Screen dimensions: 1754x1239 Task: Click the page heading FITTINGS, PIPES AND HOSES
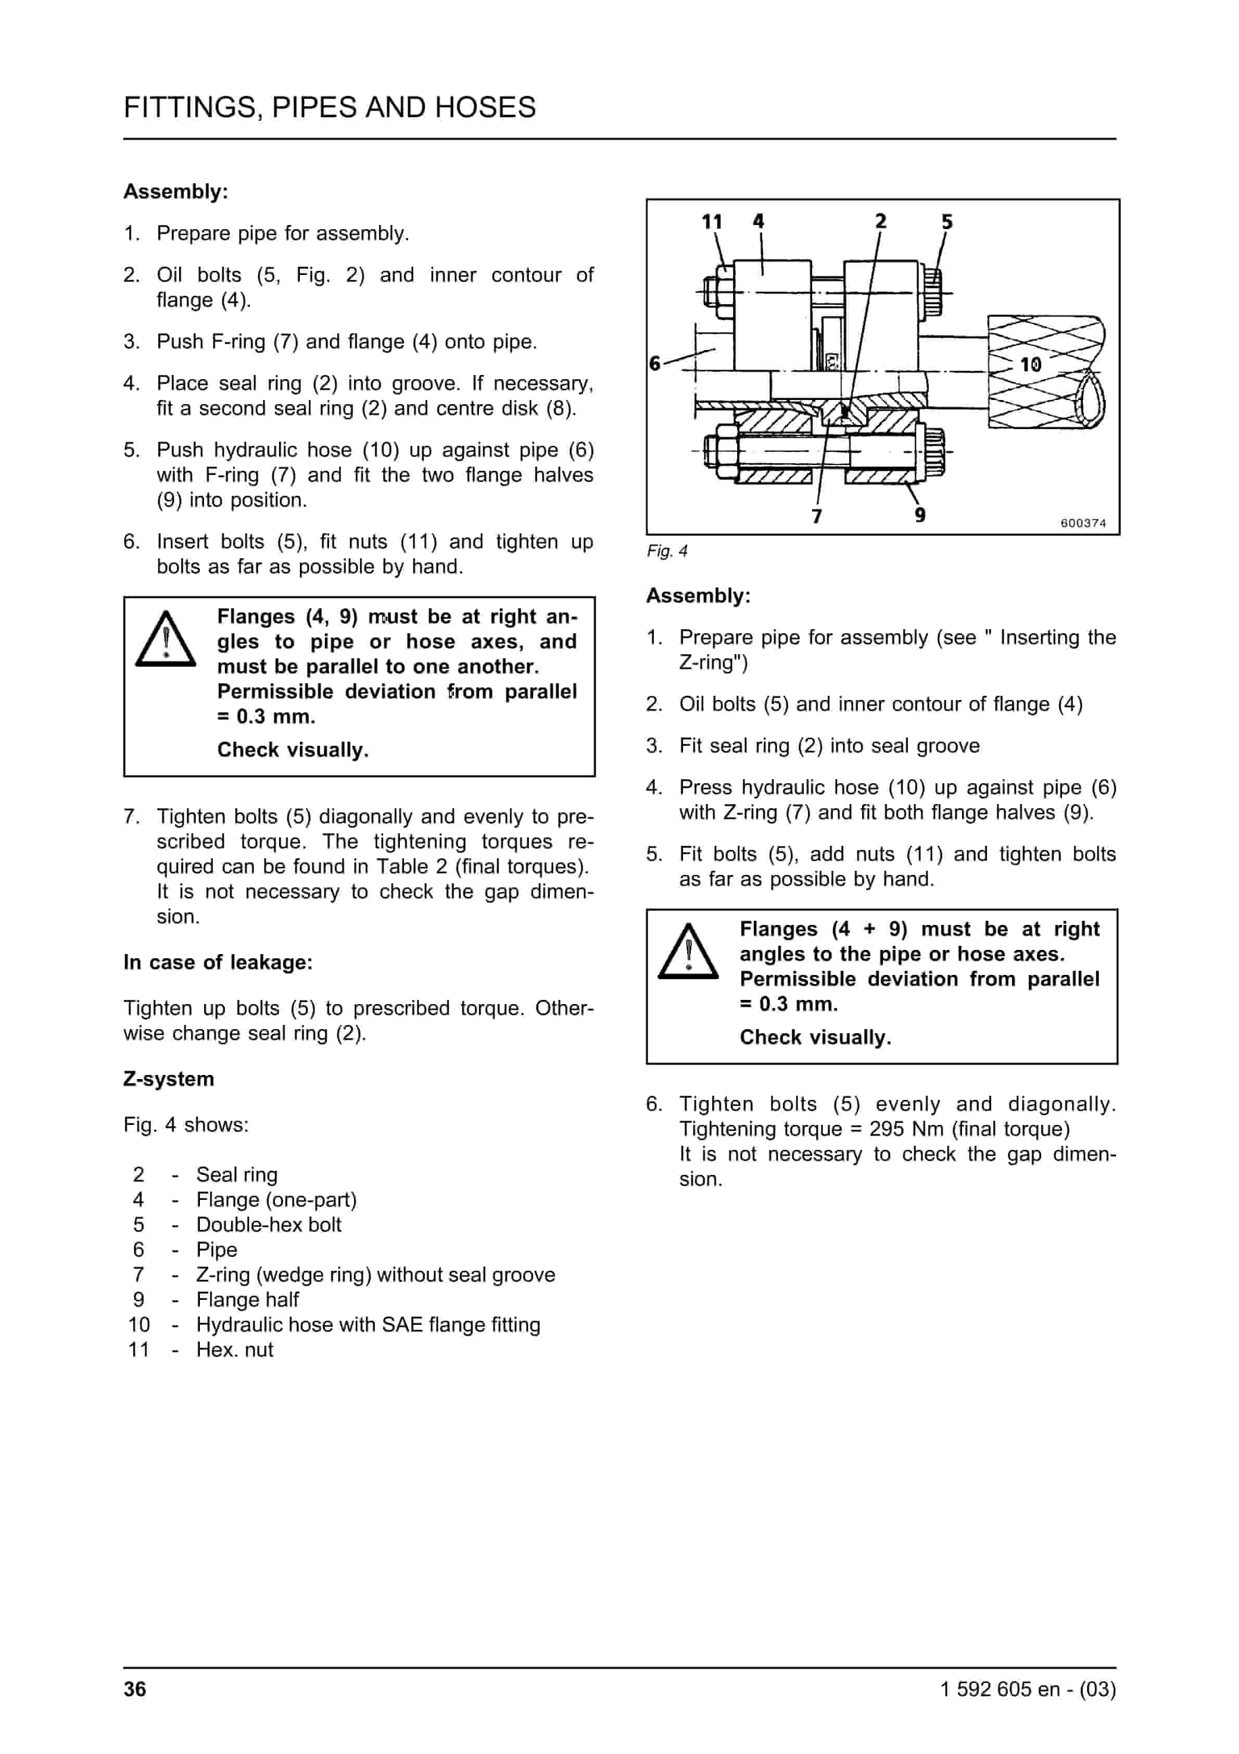[x=329, y=108]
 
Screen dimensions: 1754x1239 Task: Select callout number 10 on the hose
[x=1030, y=365]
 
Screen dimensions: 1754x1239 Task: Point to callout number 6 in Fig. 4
[x=654, y=363]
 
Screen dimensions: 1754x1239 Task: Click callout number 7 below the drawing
[x=817, y=517]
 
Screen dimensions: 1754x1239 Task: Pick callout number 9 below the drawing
[x=920, y=515]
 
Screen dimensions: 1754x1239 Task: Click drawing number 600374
[x=1082, y=523]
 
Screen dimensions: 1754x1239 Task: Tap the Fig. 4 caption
[x=667, y=551]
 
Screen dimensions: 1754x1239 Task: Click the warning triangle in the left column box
[x=166, y=640]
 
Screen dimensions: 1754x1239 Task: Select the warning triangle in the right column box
[x=688, y=952]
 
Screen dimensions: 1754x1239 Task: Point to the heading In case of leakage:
[x=218, y=962]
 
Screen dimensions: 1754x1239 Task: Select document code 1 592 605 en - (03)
[x=1028, y=1688]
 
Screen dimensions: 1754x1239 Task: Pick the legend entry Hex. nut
[x=234, y=1349]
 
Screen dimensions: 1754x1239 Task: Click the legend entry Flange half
[x=247, y=1299]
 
